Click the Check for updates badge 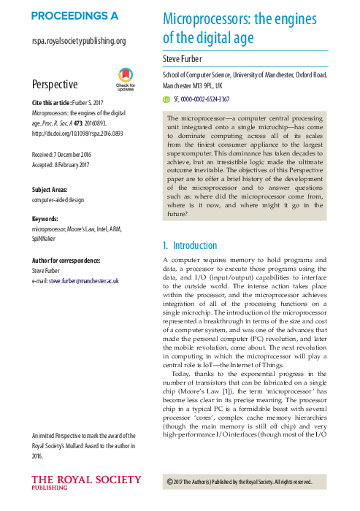point(126,79)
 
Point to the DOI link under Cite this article point(74,134)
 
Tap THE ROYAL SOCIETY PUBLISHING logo point(85,483)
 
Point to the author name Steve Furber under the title point(186,58)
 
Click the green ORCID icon point(166,99)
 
